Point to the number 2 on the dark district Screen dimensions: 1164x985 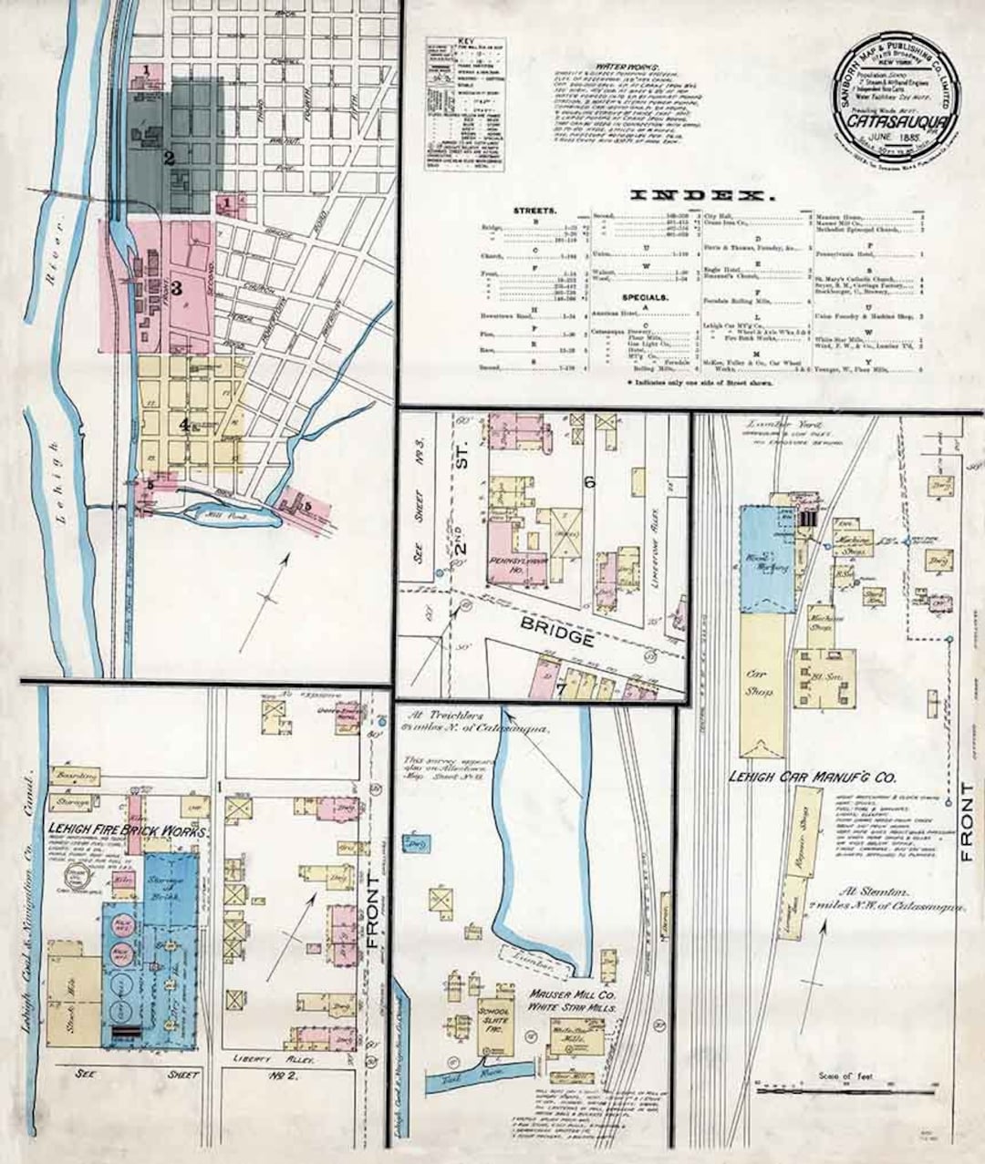pyautogui.click(x=169, y=156)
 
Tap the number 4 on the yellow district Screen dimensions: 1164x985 pyautogui.click(x=183, y=424)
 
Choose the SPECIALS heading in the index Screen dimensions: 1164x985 pyautogui.click(x=620, y=297)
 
